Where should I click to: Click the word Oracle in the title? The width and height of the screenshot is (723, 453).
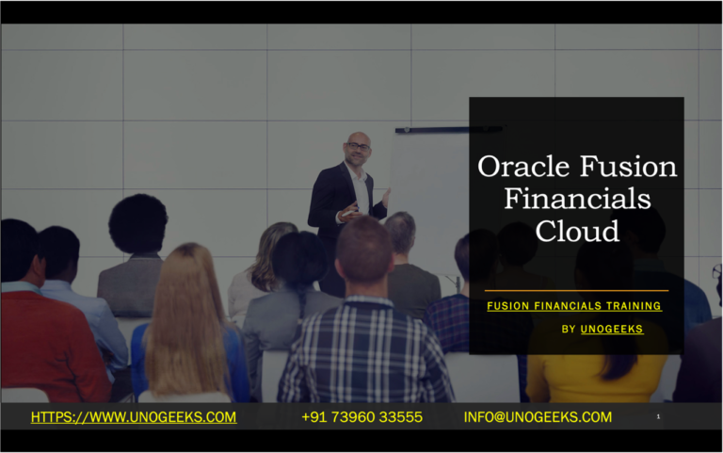tap(521, 168)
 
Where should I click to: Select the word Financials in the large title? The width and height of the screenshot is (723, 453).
tap(577, 199)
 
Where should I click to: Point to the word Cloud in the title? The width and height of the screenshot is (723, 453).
tap(577, 230)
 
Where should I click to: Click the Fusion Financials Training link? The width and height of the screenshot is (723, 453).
tap(574, 306)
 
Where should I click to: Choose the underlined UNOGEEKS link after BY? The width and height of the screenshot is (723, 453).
tap(612, 330)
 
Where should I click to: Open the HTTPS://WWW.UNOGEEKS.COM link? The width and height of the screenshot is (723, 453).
tap(134, 417)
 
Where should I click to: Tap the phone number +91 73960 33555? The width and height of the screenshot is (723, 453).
tap(362, 417)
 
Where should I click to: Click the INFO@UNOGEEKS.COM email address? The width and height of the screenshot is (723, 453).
tap(538, 417)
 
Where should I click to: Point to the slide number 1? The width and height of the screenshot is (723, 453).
tap(658, 416)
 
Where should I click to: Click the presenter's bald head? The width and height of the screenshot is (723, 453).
tap(358, 143)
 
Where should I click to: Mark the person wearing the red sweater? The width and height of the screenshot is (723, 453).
tap(47, 339)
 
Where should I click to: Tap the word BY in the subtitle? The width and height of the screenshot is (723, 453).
tap(569, 330)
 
